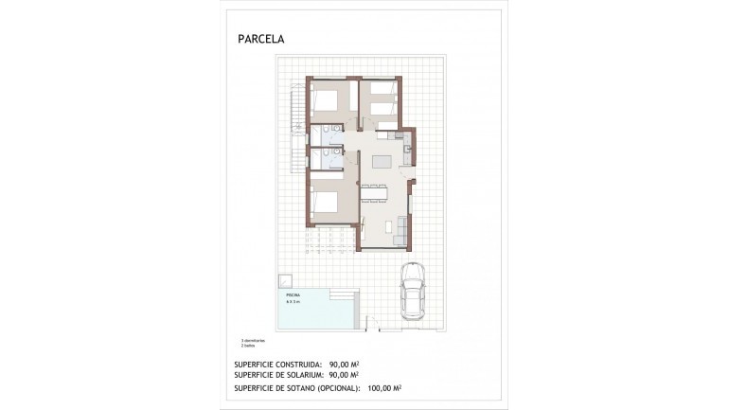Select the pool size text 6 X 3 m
pos(293,302)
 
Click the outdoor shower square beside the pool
pos(285,281)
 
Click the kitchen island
pos(382,161)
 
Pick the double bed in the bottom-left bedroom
pos(325,202)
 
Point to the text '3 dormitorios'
pos(253,340)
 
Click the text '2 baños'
pos(248,346)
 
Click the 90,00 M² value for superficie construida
pos(344,364)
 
